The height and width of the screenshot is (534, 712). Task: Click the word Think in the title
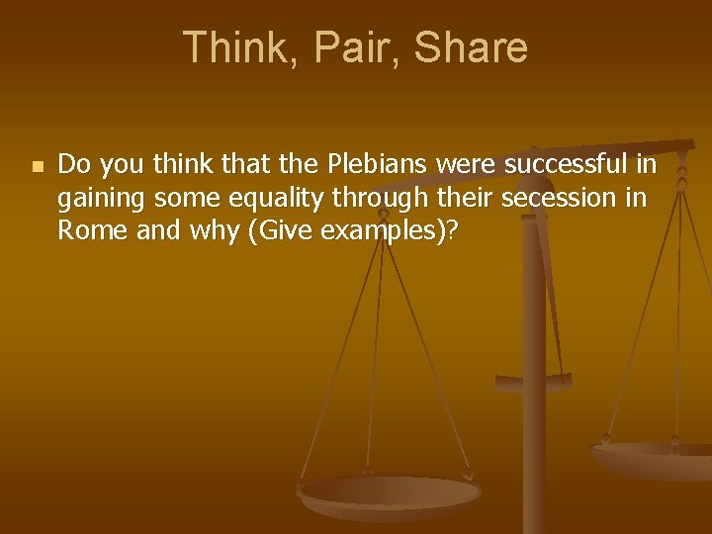click(x=229, y=47)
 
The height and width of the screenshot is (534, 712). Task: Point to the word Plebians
click(x=340, y=163)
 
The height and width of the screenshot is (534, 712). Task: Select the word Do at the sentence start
click(x=72, y=163)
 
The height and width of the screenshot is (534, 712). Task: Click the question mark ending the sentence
click(x=452, y=231)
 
